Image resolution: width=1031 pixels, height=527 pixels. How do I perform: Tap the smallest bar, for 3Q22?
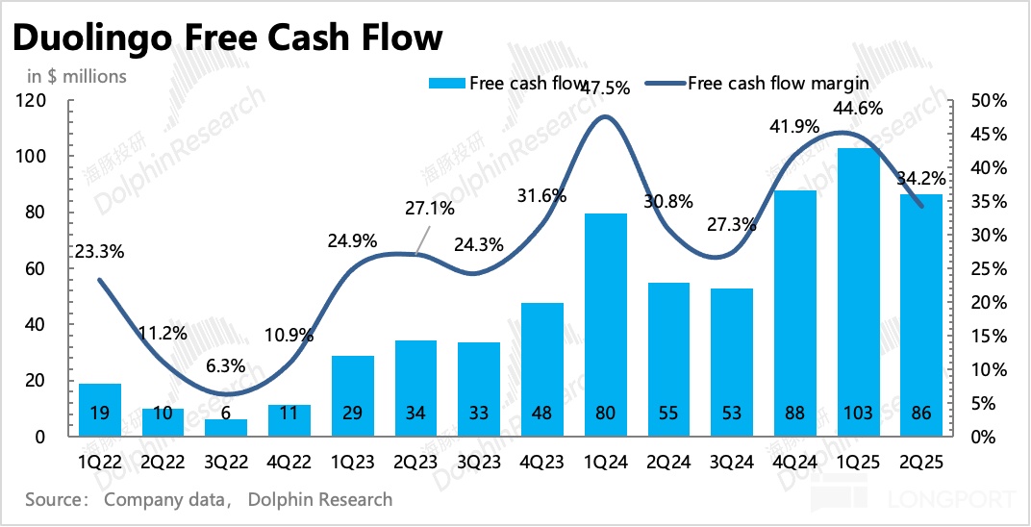click(225, 426)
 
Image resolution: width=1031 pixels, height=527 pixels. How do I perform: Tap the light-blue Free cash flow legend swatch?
click(446, 84)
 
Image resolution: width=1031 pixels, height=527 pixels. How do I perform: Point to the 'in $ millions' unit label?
click(76, 75)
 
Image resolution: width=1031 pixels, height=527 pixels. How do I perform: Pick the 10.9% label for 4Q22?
click(289, 338)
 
